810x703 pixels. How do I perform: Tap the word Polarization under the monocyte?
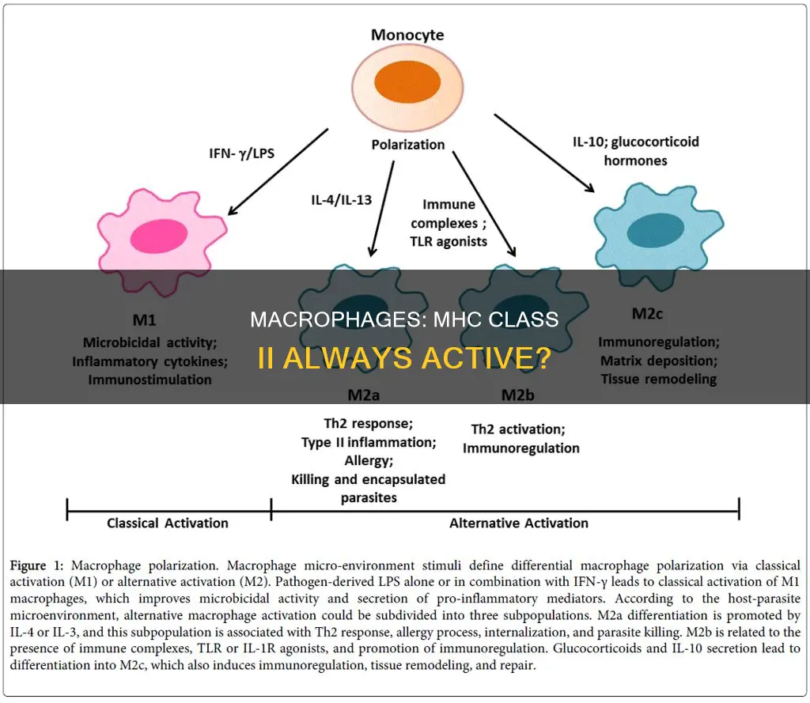click(x=407, y=145)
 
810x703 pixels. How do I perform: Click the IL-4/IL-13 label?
click(x=342, y=199)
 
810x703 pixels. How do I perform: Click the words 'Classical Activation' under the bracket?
click(x=168, y=523)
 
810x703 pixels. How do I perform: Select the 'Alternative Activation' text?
click(x=518, y=523)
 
